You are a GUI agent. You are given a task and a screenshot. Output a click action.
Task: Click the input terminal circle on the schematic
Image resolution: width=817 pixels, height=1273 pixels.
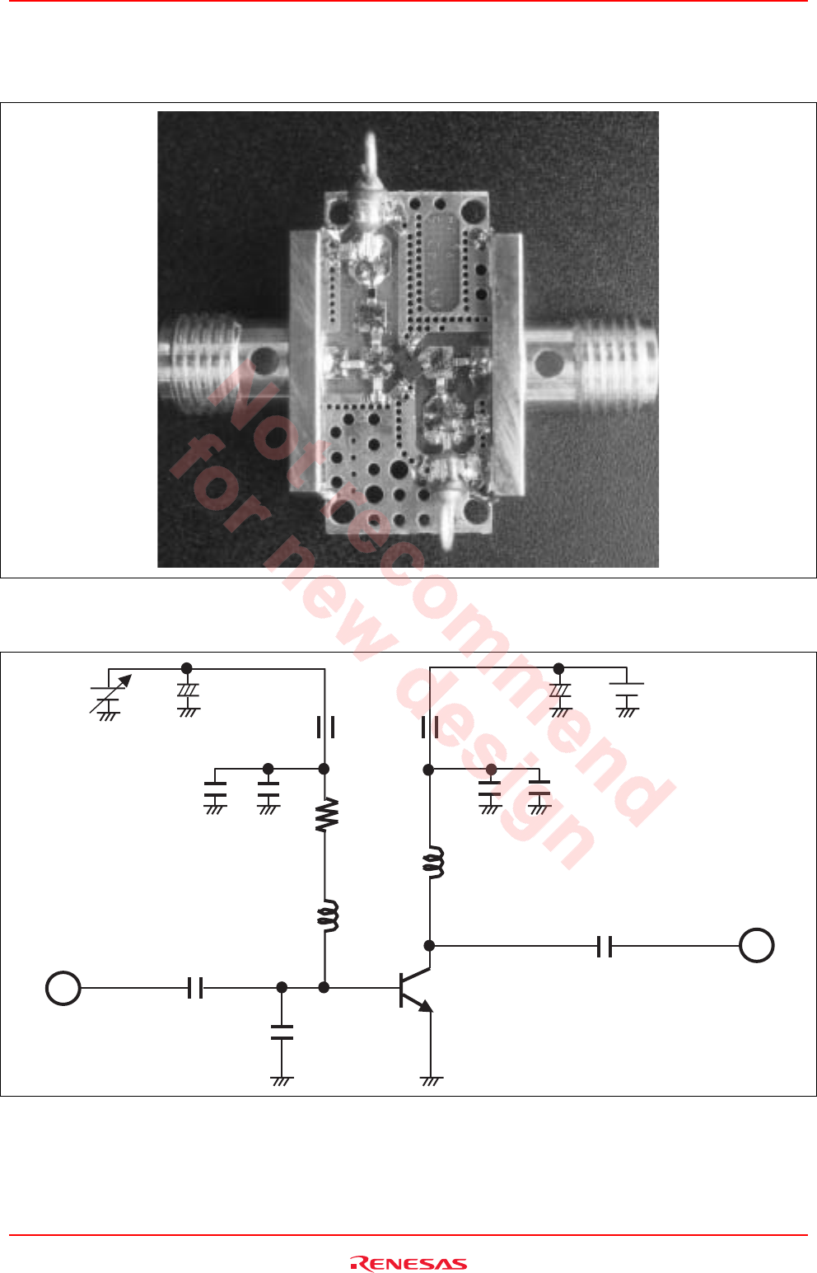[63, 988]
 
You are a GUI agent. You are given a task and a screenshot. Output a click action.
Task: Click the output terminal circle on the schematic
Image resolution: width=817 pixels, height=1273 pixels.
[756, 945]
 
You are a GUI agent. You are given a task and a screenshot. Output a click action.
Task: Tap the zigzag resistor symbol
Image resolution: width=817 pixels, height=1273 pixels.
[326, 814]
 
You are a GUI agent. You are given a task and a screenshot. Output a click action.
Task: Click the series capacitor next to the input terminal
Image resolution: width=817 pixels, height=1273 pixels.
[195, 988]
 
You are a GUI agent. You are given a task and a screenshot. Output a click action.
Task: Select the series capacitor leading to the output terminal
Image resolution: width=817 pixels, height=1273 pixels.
[605, 947]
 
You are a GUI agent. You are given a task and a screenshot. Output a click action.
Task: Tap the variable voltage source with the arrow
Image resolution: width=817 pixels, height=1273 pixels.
[108, 693]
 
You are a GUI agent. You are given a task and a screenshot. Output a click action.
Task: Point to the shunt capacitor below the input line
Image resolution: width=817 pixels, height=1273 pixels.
[282, 1032]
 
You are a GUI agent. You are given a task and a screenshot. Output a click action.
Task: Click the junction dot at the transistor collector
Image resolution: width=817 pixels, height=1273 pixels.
[429, 945]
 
